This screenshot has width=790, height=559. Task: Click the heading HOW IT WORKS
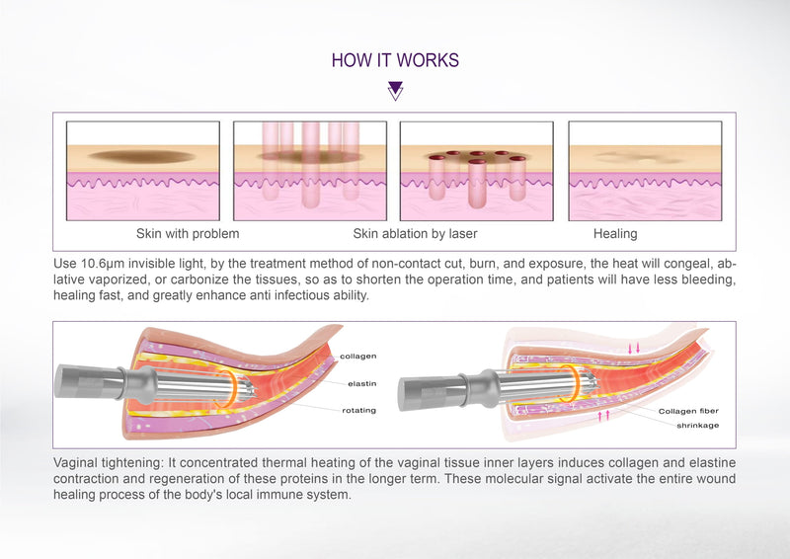click(395, 60)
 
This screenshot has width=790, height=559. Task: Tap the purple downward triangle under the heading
click(395, 91)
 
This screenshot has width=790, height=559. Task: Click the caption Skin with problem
click(188, 234)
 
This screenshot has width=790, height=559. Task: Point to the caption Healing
click(615, 234)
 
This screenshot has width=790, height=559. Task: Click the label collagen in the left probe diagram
click(356, 357)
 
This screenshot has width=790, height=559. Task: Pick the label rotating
click(357, 410)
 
